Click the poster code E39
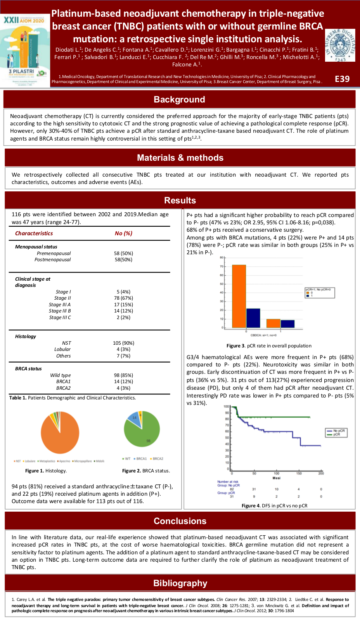coord(342,79)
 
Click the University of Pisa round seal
coord(340,45)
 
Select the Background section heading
coord(179,99)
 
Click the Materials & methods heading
coord(180,158)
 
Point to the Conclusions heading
coord(180,521)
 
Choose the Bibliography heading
coord(180,583)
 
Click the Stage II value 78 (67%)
coord(123,298)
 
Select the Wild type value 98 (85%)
coord(123,375)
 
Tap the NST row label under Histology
coord(66,343)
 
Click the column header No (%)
coord(123,233)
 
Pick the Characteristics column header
coord(34,233)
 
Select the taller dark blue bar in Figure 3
coord(253,318)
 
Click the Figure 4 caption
coord(274,506)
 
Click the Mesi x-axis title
coord(276,478)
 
